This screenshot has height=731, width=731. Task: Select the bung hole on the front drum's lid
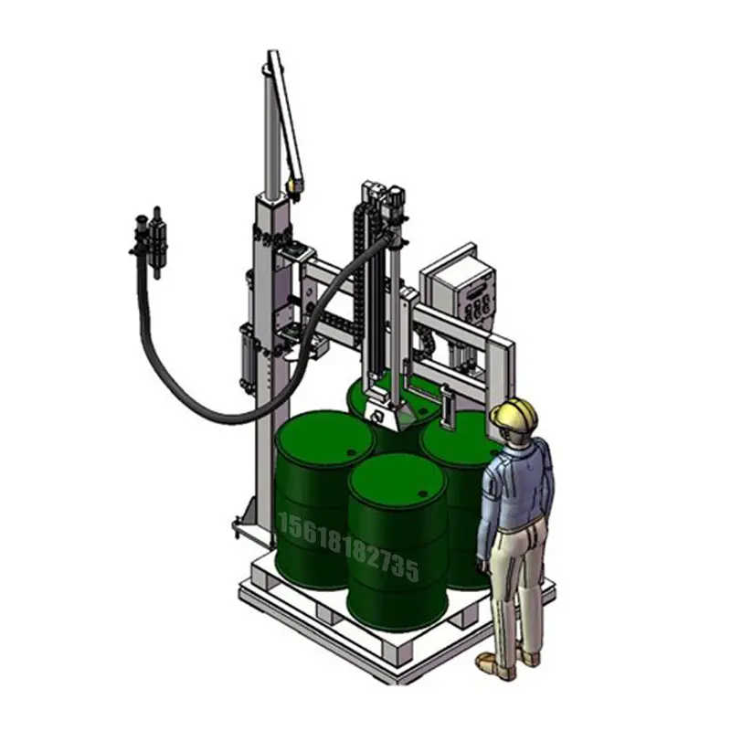[423, 493]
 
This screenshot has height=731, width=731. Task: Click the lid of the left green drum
[324, 439]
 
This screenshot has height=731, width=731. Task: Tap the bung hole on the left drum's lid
[351, 452]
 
